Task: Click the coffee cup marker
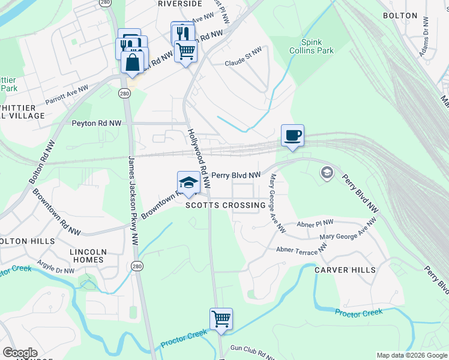[292, 136]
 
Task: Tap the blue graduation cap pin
[188, 182]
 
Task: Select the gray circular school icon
[327, 173]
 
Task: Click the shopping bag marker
[132, 61]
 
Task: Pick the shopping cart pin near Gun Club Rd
[221, 319]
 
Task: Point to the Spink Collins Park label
[316, 47]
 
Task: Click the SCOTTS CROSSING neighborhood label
[225, 205]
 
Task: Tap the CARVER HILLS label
[345, 270]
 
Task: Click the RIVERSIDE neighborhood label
[179, 4]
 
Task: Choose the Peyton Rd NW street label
[96, 123]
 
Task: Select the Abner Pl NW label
[316, 223]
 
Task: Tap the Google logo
[20, 353]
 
